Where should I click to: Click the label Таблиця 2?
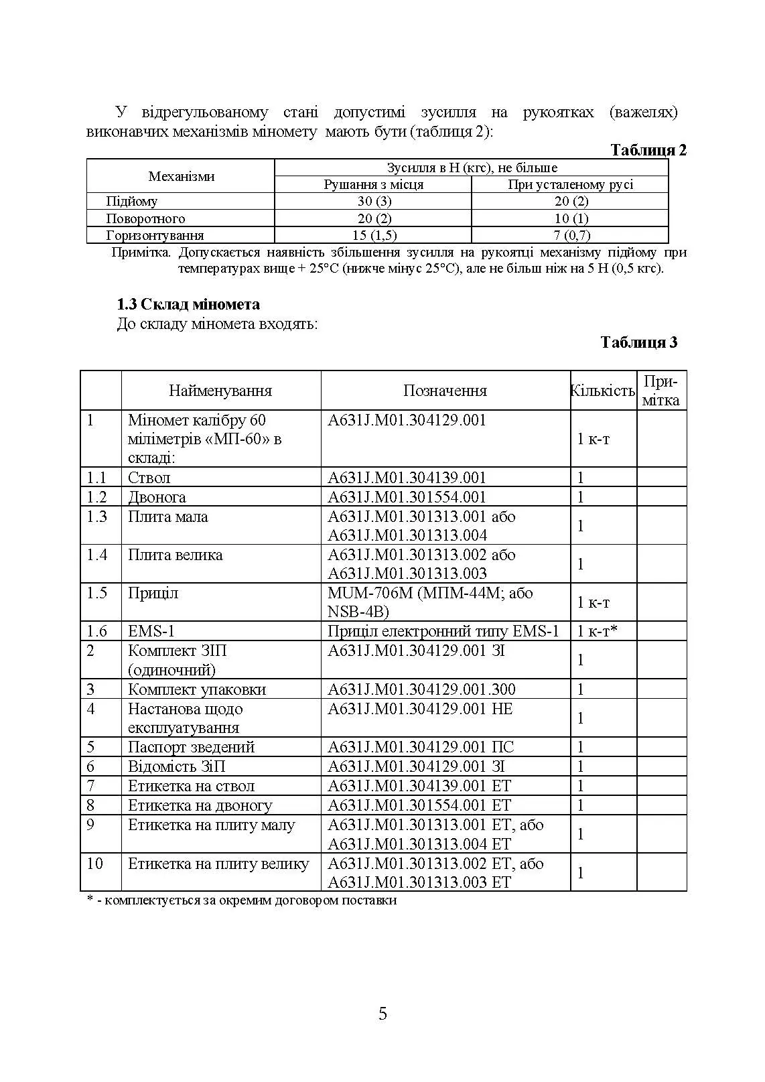click(648, 150)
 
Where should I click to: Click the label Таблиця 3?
click(638, 342)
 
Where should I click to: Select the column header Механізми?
click(181, 176)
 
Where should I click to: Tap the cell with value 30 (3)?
click(374, 201)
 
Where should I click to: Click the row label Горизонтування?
click(155, 235)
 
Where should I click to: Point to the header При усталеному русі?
click(570, 184)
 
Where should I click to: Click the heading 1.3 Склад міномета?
click(188, 304)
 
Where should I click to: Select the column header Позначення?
click(445, 391)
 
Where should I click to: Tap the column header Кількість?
click(602, 391)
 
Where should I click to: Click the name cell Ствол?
click(149, 478)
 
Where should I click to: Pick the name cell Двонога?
click(157, 497)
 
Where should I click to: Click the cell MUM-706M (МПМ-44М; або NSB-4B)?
click(430, 602)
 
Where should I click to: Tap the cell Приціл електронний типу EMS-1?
click(443, 631)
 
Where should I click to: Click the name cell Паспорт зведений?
click(191, 747)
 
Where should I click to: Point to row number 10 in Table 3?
click(94, 864)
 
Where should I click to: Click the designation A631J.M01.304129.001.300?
click(421, 689)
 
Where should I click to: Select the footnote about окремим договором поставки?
click(242, 900)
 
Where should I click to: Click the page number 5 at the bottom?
click(382, 1014)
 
